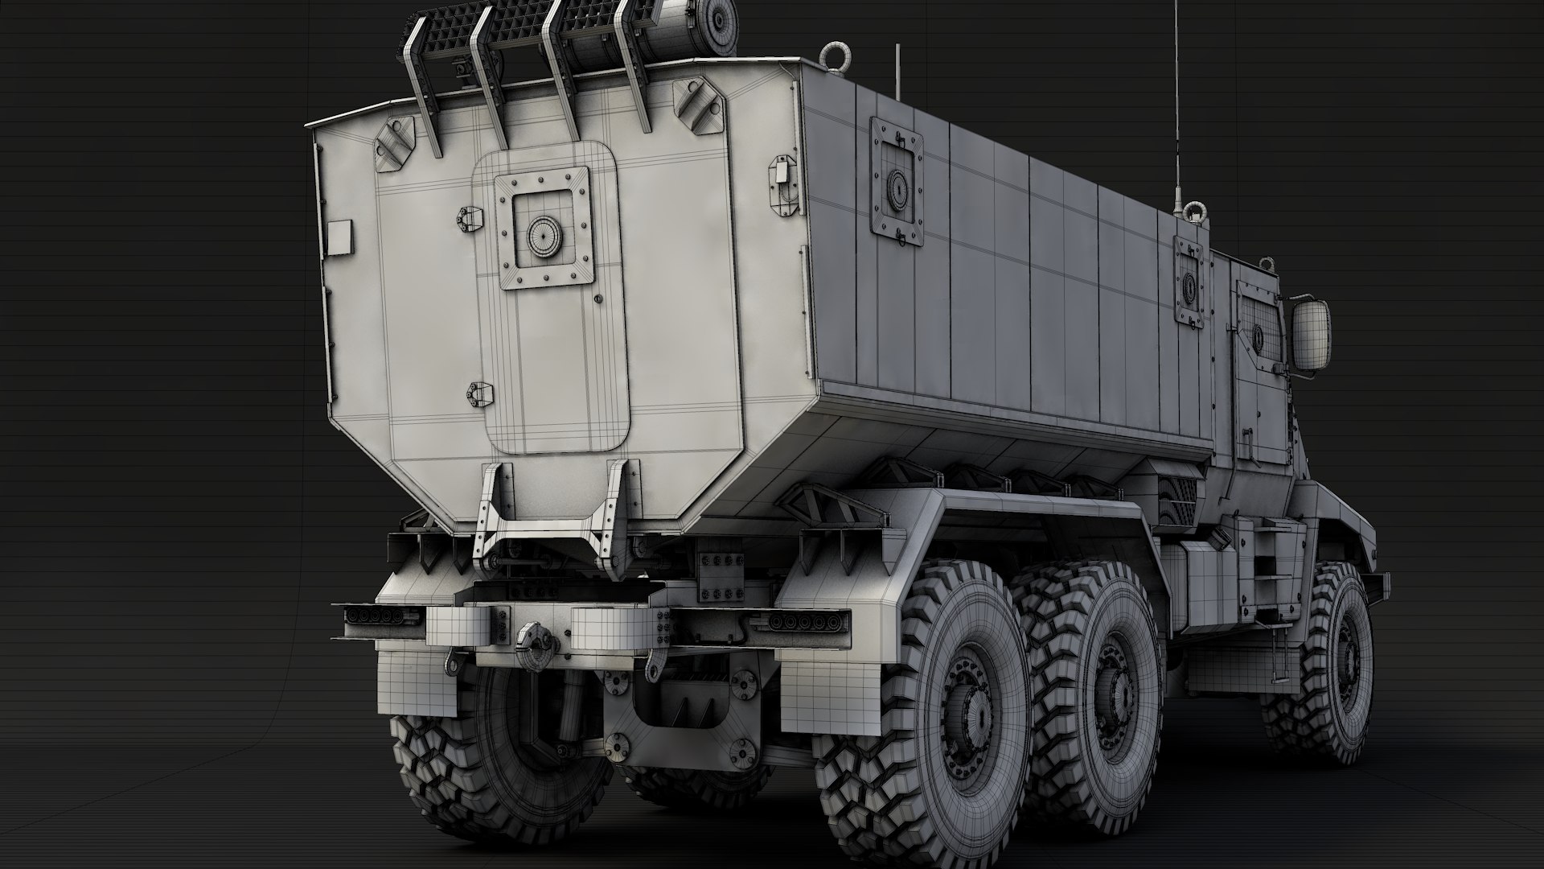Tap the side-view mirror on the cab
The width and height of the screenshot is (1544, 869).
1311,332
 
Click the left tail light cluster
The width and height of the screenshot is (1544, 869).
376,616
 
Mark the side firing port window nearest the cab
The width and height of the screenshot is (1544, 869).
1189,282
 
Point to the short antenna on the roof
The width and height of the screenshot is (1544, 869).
898,72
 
